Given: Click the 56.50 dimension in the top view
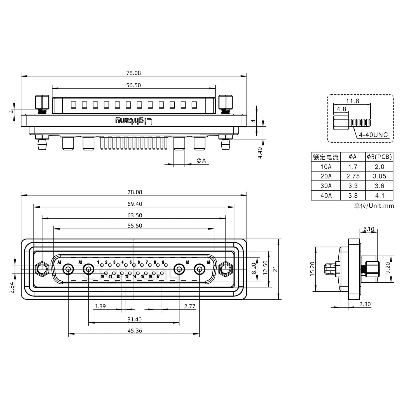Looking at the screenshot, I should coord(133,85).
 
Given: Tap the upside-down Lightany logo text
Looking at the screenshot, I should coord(134,121).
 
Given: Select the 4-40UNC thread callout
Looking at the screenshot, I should coord(373,135).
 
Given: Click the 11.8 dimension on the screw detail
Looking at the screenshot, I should coord(352,101).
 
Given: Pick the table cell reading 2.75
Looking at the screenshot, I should coord(353,176).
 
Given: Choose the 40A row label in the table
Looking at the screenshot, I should coord(326,196).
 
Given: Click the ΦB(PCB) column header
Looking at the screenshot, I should coord(379,157).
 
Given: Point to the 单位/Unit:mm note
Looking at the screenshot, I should coord(374,206).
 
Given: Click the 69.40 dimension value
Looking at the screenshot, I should coord(135,204).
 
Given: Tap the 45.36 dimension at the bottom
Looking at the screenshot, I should coord(135,331).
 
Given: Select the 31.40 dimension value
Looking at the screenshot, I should coord(135,319).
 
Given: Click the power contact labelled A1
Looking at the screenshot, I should coord(68,270).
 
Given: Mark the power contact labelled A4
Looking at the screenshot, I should coord(199,270).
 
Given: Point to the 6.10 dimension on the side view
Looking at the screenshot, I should coord(369,229).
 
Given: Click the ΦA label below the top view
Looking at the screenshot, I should coord(201,161).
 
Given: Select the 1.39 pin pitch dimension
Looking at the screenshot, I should coord(100,306).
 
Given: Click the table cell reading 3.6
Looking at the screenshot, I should coord(379,186).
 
